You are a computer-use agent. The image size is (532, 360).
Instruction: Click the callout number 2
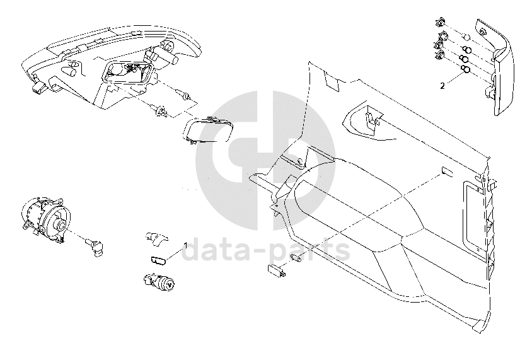pyautogui.click(x=442, y=84)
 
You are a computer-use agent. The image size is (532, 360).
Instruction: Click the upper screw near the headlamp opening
pyautogui.click(x=184, y=95)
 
